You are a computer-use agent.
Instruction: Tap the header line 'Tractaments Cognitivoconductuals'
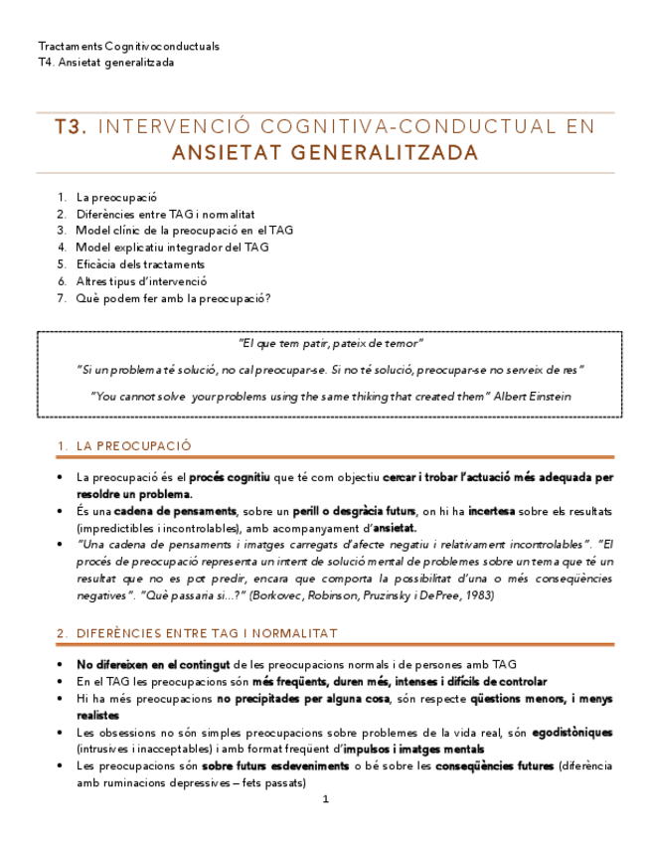(x=128, y=46)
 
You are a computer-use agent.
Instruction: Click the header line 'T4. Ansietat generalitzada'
(x=105, y=62)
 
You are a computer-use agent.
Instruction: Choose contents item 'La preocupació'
(x=116, y=197)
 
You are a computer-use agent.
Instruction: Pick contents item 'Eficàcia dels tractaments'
(x=140, y=264)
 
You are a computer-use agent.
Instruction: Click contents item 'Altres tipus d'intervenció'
(x=141, y=281)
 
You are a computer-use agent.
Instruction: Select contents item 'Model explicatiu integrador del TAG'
(x=172, y=248)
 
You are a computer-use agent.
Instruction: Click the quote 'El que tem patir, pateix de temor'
(x=332, y=343)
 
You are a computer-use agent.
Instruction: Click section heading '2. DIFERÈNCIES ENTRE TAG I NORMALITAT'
(x=197, y=632)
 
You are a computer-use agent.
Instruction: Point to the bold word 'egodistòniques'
(x=570, y=732)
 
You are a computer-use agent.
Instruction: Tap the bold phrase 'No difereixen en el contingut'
(x=153, y=664)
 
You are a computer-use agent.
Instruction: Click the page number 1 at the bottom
(x=325, y=798)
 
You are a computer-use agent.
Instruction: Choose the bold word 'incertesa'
(x=491, y=511)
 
